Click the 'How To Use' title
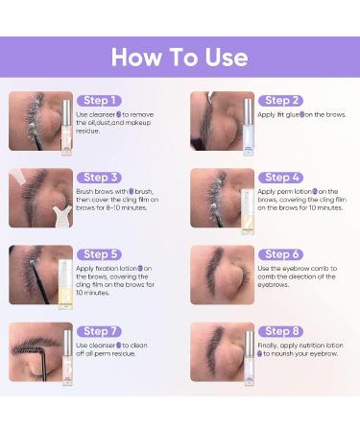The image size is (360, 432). pyautogui.click(x=180, y=56)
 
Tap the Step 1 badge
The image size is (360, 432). pyautogui.click(x=101, y=100)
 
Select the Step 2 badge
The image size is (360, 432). pyautogui.click(x=282, y=100)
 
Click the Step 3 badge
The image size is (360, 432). pyautogui.click(x=101, y=177)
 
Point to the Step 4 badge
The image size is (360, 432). pyautogui.click(x=282, y=177)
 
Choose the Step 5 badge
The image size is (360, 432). pyautogui.click(x=101, y=254)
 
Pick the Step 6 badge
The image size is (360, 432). pyautogui.click(x=282, y=254)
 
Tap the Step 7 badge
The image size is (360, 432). pyautogui.click(x=101, y=330)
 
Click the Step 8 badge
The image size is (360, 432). pyautogui.click(x=282, y=330)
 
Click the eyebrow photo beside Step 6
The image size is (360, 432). pyautogui.click(x=222, y=276)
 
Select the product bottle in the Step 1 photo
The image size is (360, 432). pyautogui.click(x=66, y=125)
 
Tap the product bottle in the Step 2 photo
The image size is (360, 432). pyautogui.click(x=248, y=121)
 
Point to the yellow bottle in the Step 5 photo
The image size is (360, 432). pyautogui.click(x=65, y=285)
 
